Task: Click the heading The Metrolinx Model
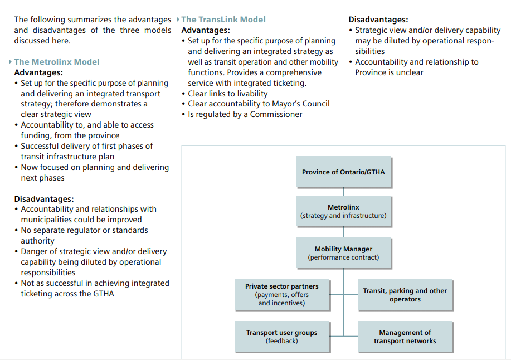tap(57, 62)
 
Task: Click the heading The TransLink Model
tap(223, 20)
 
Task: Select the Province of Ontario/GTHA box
tap(344, 172)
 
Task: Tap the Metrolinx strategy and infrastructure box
tap(344, 211)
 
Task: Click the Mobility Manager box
tap(344, 253)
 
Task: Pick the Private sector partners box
tap(282, 295)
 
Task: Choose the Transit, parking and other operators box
tap(405, 295)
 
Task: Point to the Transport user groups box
tap(282, 337)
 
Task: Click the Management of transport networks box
tap(405, 337)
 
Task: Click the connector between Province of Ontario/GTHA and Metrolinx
tap(343, 192)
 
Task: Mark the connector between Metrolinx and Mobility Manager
tap(343, 232)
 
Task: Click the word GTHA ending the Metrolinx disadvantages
tap(104, 294)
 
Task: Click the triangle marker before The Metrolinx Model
tap(11, 61)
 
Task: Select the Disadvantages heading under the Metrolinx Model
tap(44, 199)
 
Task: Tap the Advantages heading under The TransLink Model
tap(206, 30)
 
